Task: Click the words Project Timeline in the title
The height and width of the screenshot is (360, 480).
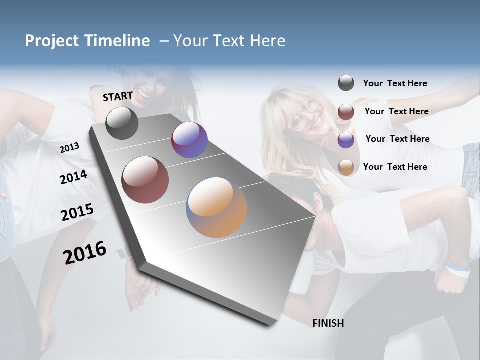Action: [87, 41]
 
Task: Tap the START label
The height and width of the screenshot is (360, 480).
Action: [118, 96]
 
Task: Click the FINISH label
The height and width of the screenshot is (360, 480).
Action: [328, 323]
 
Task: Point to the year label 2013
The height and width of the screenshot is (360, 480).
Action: [69, 147]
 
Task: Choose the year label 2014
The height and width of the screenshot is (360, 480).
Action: [73, 177]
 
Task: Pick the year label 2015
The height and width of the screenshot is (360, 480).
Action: [77, 212]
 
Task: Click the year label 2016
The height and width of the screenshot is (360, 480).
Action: [85, 252]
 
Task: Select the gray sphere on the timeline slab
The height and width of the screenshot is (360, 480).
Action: [122, 123]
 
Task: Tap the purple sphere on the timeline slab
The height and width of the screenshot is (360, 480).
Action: [189, 140]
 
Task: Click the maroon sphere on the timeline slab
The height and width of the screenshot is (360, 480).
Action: [145, 180]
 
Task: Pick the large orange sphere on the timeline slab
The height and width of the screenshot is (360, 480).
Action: [216, 207]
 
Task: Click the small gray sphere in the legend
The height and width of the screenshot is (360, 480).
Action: [346, 83]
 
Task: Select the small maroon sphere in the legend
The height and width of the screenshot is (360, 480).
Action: [346, 112]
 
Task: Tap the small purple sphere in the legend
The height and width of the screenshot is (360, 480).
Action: [346, 140]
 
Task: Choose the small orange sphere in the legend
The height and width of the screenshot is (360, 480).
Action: [346, 167]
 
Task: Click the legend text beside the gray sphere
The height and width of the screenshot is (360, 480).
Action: [395, 83]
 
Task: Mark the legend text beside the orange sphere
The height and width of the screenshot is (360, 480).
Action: [395, 167]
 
